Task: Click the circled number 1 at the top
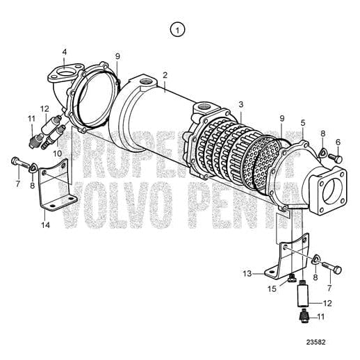pyautogui.click(x=179, y=29)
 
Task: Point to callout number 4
pyautogui.click(x=65, y=52)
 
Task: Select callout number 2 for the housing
pyautogui.click(x=165, y=75)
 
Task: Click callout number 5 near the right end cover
pyautogui.click(x=302, y=123)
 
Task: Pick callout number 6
pyautogui.click(x=338, y=142)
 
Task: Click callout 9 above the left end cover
pyautogui.click(x=117, y=56)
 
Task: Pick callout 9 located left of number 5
pyautogui.click(x=281, y=118)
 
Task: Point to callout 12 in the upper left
pyautogui.click(x=44, y=108)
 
